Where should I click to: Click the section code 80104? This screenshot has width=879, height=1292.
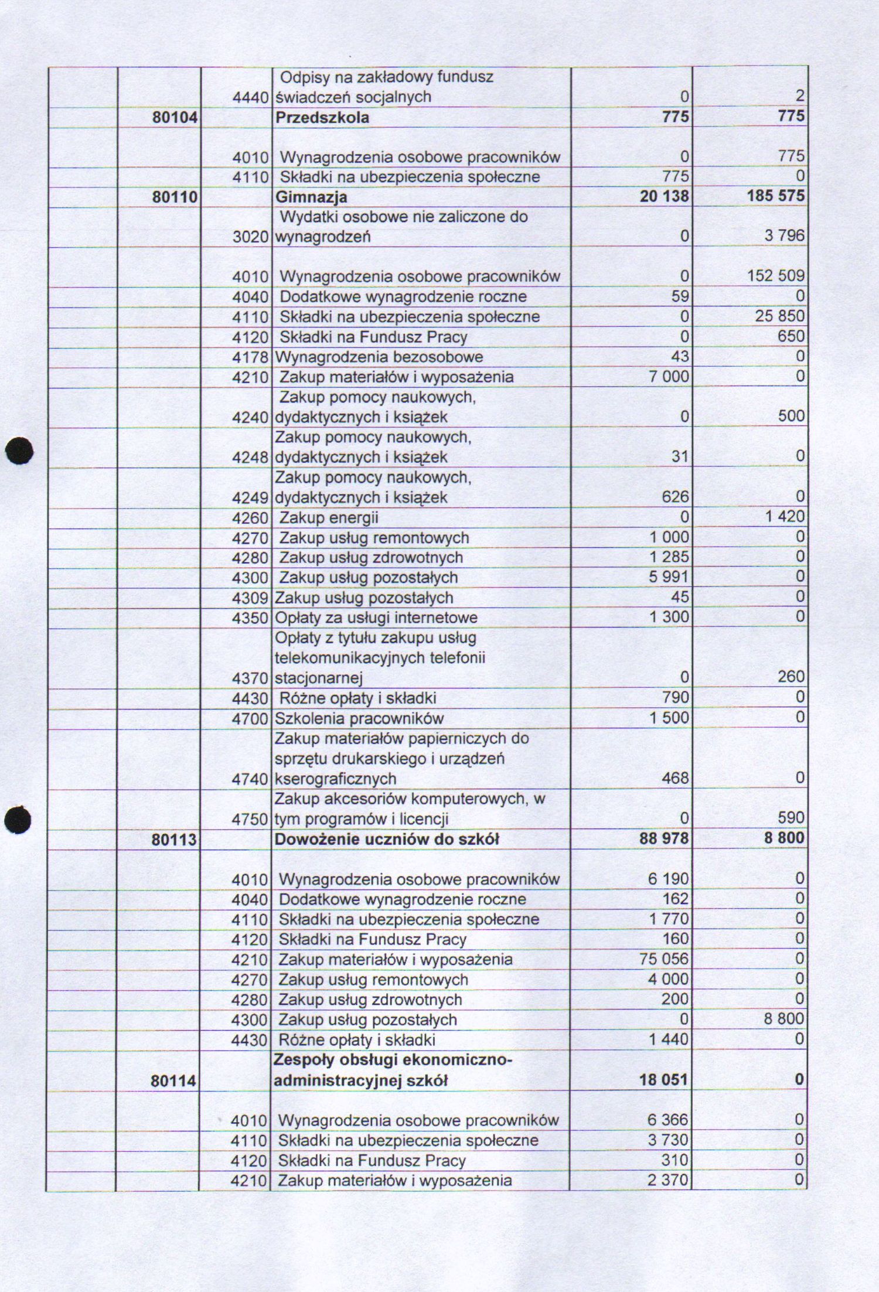(x=175, y=118)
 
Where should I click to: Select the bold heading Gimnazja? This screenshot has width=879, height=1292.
(x=311, y=197)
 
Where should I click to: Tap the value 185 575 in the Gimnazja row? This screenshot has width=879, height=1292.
(x=775, y=196)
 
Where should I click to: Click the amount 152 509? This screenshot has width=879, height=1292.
(x=775, y=276)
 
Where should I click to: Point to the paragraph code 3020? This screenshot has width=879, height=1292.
(x=250, y=237)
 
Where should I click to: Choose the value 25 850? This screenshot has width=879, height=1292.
(x=779, y=316)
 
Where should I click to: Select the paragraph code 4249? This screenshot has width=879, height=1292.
(x=250, y=498)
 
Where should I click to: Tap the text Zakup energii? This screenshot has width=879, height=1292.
(x=329, y=518)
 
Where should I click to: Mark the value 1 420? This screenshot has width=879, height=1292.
(x=784, y=517)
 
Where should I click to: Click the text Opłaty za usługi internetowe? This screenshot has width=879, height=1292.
(x=376, y=618)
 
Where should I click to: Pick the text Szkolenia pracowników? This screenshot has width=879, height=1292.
(x=359, y=718)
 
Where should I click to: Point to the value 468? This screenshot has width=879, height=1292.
(x=676, y=778)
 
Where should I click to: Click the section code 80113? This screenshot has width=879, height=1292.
(x=174, y=840)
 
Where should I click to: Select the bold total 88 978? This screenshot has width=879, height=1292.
(x=664, y=838)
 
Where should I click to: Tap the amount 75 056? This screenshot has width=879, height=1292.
(x=664, y=959)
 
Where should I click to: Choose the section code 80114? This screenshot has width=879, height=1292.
(x=173, y=1080)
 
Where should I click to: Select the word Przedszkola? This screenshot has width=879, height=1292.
(x=322, y=118)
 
